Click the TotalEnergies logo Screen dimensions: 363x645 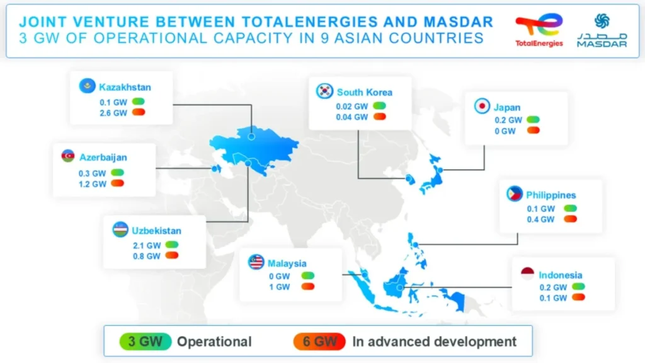pyautogui.click(x=539, y=30)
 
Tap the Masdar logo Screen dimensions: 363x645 pyautogui.click(x=602, y=30)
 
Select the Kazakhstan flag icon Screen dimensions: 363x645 pyautogui.click(x=88, y=86)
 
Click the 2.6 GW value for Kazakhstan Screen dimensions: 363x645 pyautogui.click(x=113, y=113)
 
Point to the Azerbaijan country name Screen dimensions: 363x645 pyautogui.click(x=103, y=156)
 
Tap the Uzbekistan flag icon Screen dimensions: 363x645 pyautogui.click(x=120, y=229)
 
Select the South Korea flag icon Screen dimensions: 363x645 pyautogui.click(x=324, y=91)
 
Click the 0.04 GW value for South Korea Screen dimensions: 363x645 pyautogui.click(x=351, y=117)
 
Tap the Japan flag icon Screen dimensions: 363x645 pyautogui.click(x=482, y=107)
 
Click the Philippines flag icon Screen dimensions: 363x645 pyautogui.click(x=515, y=194)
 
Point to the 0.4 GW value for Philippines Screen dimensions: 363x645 pyautogui.click(x=540, y=219)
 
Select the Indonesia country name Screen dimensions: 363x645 pyautogui.click(x=560, y=275)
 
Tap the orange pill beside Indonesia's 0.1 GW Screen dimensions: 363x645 pyautogui.click(x=578, y=297)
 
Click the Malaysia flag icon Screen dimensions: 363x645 pyautogui.click(x=256, y=262)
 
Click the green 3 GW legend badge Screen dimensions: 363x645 pyautogui.click(x=144, y=342)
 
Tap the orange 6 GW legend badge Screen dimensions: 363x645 pyautogui.click(x=319, y=342)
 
